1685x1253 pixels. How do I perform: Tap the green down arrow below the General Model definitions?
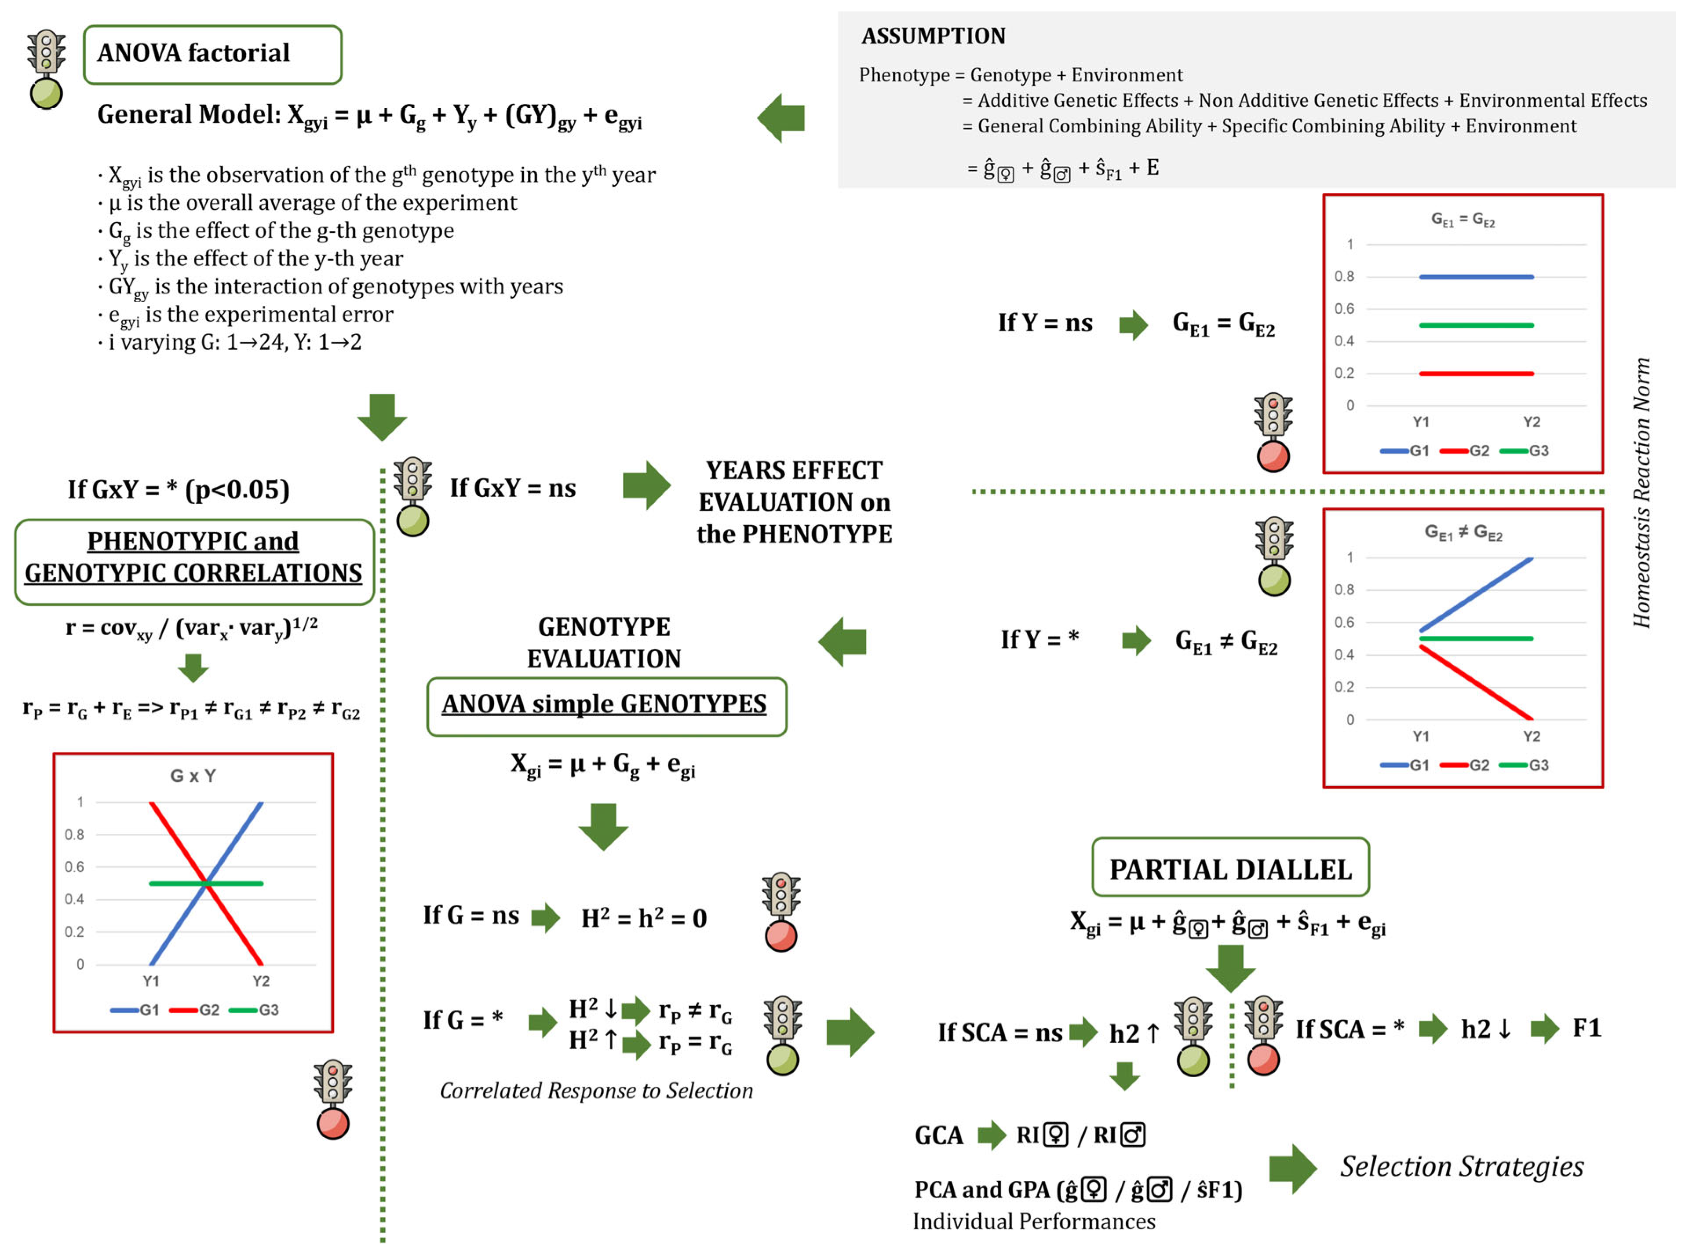[382, 417]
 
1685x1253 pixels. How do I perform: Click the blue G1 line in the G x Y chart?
[206, 883]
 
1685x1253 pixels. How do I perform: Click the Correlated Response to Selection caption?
[597, 1091]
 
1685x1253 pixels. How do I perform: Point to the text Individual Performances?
[1034, 1221]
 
